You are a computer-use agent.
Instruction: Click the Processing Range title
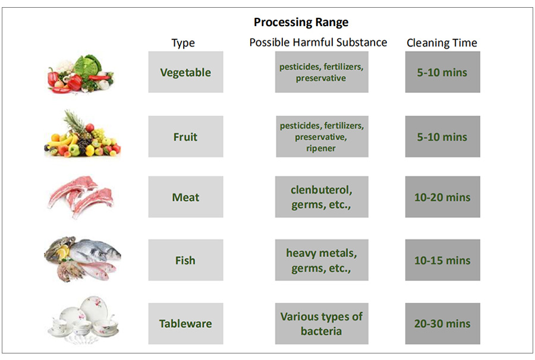(301, 22)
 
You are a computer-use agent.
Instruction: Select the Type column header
(183, 43)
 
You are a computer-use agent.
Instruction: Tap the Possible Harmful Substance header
(318, 42)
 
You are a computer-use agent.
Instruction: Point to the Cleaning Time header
(442, 43)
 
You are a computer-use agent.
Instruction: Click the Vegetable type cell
(185, 72)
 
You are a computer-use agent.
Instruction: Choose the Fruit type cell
(185, 137)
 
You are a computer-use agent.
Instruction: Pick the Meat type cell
(185, 197)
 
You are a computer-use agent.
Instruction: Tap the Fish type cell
(185, 260)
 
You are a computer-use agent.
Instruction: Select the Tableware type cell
(185, 324)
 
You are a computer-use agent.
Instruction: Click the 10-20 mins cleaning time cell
(442, 197)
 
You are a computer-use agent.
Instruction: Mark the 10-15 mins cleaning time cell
(442, 260)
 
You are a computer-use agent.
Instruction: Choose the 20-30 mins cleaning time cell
(442, 324)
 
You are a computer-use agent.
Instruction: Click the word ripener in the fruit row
(321, 149)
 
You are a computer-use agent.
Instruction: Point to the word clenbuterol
(322, 190)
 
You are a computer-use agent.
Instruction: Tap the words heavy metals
(322, 253)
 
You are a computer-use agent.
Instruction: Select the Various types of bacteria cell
(322, 324)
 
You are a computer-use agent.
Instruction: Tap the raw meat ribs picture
(81, 197)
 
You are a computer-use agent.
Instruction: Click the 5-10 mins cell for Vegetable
(442, 72)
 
